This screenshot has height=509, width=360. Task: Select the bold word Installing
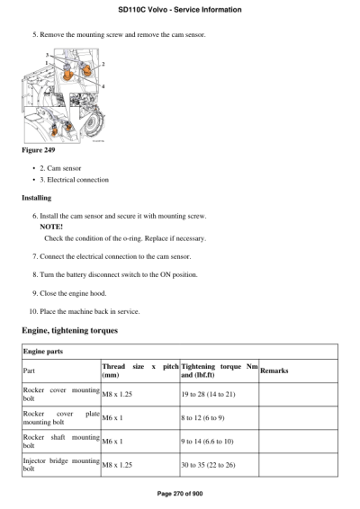[37, 197]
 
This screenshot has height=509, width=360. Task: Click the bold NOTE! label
[51, 228]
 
